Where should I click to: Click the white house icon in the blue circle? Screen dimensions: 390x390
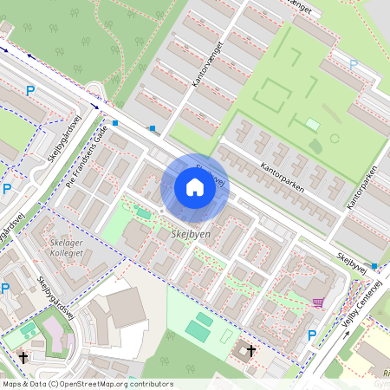click(195, 186)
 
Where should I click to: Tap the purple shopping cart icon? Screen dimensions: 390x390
click(319, 302)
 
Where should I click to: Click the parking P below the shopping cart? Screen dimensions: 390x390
click(312, 335)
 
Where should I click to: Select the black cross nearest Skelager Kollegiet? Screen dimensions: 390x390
click(23, 356)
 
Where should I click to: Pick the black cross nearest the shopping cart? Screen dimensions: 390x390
click(252, 351)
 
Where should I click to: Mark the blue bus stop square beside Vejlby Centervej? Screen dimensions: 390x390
click(374, 265)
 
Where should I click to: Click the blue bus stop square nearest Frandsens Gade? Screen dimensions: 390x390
click(115, 124)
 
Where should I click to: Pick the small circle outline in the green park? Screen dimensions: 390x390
click(335, 138)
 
